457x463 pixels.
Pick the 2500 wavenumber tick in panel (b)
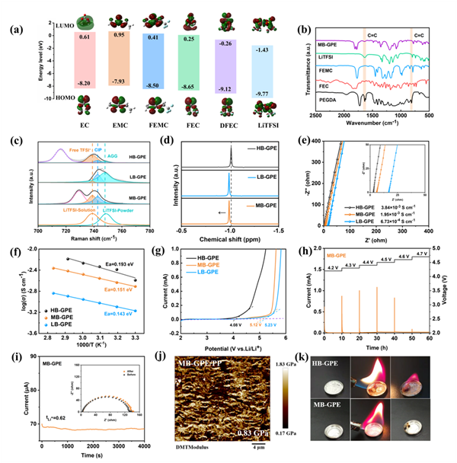(x=306, y=115)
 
